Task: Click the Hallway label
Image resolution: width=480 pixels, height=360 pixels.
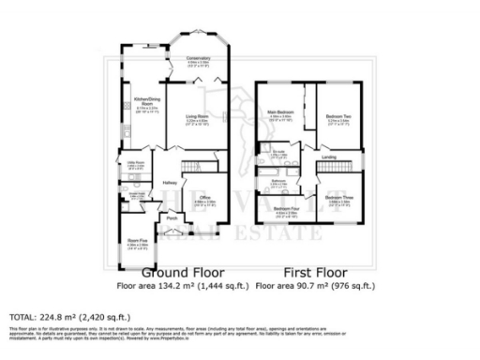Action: (170, 182)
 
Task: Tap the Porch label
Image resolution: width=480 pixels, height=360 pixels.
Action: (172, 217)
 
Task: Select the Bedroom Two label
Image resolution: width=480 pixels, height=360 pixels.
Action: (339, 115)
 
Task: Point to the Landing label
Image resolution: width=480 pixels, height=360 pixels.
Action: (328, 157)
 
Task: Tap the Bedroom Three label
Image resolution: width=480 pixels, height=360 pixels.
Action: (338, 198)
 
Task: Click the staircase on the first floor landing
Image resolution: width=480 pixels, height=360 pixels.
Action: (330, 168)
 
